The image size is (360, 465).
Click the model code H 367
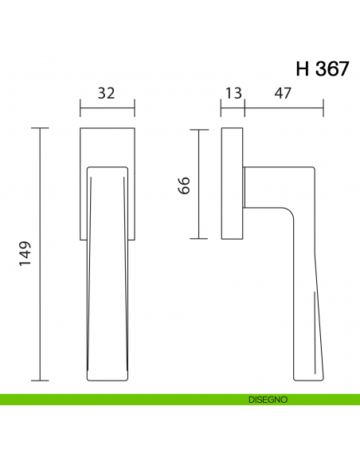coord(321,68)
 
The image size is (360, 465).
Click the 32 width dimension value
coord(106,93)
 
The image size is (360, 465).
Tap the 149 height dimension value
coord(23,254)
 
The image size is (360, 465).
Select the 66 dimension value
coord(182,186)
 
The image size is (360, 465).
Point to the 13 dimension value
coord(233,93)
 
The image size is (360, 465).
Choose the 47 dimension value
coord(283,93)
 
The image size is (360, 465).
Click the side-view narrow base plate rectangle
coord(233,183)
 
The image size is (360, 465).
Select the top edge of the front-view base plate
coord(108,127)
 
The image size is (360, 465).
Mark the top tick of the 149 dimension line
coord(40,127)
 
